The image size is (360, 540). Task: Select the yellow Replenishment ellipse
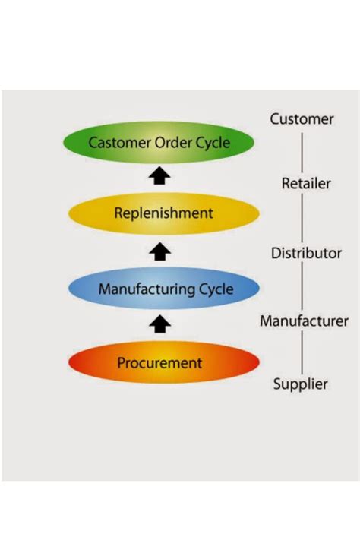point(163,213)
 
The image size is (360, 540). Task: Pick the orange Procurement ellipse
point(163,363)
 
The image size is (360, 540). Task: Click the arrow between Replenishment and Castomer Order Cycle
point(160,177)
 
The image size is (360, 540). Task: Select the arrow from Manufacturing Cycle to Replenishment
point(160,251)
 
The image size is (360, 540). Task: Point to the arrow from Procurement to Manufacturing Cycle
point(160,325)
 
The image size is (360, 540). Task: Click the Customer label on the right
point(302,119)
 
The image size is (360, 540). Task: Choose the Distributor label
point(306,253)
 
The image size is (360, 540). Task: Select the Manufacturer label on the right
point(304,321)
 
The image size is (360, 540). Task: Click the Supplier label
point(301,384)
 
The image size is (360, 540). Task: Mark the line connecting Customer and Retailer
point(302,152)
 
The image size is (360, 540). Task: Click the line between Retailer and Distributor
point(302,218)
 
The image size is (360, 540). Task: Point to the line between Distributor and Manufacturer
point(302,287)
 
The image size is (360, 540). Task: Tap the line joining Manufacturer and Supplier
point(302,353)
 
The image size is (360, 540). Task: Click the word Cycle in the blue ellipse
point(215,289)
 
